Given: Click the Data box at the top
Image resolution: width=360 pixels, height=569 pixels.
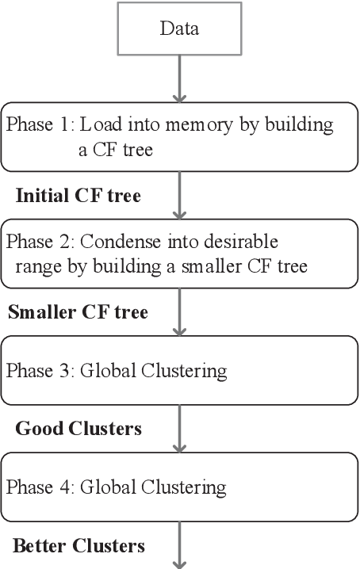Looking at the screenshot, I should pyautogui.click(x=179, y=29).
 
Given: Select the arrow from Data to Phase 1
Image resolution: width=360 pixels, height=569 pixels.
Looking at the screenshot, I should pyautogui.click(x=180, y=78).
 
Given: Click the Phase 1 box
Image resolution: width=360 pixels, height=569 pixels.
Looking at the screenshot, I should pyautogui.click(x=179, y=137).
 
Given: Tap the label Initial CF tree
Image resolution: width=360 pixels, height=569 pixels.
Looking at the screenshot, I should pyautogui.click(x=78, y=196).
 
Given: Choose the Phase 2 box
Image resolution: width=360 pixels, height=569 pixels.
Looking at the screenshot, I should pyautogui.click(x=179, y=253).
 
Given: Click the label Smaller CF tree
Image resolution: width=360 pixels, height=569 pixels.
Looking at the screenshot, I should pyautogui.click(x=78, y=311).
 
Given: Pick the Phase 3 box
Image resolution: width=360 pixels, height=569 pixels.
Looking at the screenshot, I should pyautogui.click(x=179, y=369).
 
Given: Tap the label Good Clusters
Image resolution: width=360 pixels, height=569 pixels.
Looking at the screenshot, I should pyautogui.click(x=78, y=429).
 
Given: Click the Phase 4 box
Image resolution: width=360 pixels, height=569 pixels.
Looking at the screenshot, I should pyautogui.click(x=179, y=485).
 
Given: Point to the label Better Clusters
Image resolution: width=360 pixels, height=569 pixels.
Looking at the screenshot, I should pyautogui.click(x=79, y=545).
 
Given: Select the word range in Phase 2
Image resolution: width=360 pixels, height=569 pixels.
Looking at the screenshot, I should pyautogui.click(x=35, y=267).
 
